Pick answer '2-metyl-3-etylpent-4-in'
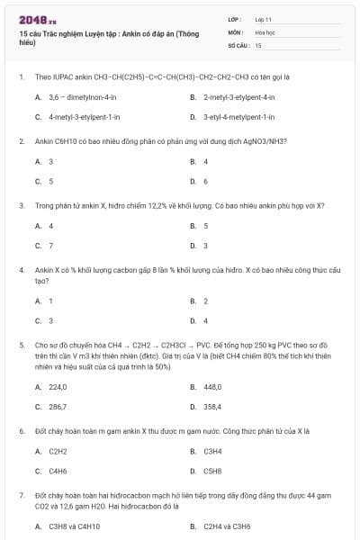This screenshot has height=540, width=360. [x=238, y=96]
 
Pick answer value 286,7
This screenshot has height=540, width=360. [x=58, y=407]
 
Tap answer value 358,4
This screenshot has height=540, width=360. [x=213, y=407]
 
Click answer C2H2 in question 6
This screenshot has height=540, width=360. [x=58, y=451]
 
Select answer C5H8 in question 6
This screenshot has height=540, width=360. [x=213, y=471]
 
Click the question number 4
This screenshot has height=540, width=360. [x=21, y=269]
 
